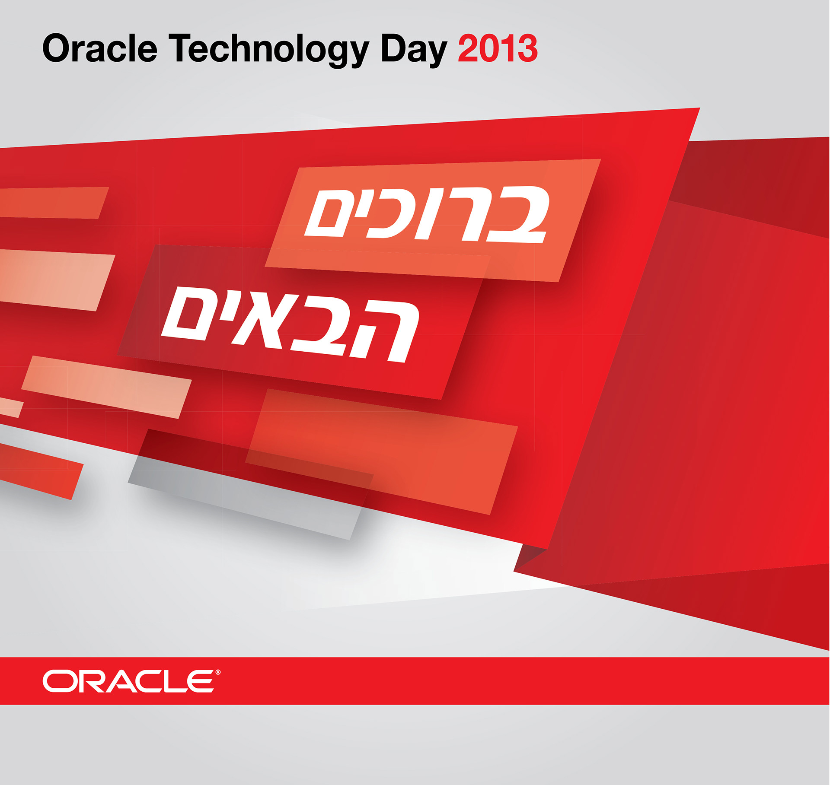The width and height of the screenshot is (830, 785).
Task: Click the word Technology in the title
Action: tap(268, 51)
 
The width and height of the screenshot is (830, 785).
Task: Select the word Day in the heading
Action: tap(414, 51)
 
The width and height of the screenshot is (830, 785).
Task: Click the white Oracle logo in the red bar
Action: tap(128, 681)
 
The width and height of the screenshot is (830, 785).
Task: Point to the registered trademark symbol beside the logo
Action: tap(218, 672)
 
